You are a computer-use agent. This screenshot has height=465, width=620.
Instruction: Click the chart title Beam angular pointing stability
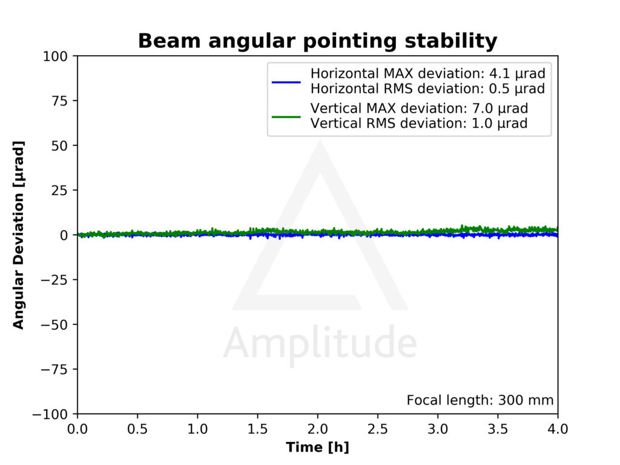(x=317, y=41)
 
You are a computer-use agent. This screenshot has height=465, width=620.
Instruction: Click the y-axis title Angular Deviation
(x=19, y=235)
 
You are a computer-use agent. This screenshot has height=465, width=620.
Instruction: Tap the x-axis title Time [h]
(x=317, y=447)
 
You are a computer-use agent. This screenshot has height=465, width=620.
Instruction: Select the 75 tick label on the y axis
(x=63, y=101)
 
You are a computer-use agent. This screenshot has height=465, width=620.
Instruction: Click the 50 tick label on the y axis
(x=63, y=146)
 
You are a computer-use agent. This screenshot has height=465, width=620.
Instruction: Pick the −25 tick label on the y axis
(x=59, y=280)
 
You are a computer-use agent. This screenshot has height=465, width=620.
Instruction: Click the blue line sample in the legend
(x=286, y=81)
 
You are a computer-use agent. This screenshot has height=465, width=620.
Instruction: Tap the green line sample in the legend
(x=286, y=116)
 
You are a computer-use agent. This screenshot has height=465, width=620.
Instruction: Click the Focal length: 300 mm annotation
(x=480, y=400)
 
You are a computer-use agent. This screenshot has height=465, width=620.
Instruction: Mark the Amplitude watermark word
(x=320, y=343)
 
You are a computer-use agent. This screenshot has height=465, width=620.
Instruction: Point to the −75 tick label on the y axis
(x=59, y=369)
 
